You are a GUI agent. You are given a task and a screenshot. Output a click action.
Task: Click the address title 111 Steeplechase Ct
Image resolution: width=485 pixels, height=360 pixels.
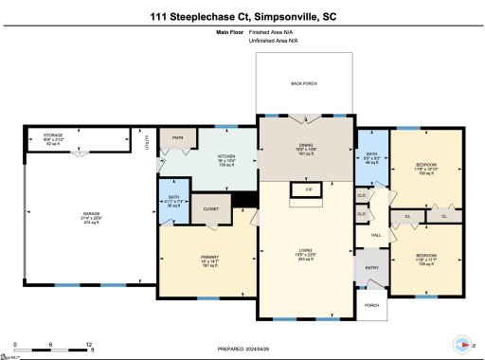(242, 16)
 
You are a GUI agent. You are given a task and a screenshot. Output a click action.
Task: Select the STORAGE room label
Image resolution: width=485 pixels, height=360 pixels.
(54, 136)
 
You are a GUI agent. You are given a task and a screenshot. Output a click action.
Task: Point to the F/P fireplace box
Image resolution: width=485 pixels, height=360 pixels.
(307, 190)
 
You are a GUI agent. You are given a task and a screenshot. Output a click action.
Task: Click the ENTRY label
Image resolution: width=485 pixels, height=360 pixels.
(371, 268)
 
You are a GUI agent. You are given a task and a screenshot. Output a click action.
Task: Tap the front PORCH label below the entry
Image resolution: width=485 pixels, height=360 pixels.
(371, 305)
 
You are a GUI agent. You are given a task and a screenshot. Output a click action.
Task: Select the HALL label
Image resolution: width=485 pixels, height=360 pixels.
(376, 235)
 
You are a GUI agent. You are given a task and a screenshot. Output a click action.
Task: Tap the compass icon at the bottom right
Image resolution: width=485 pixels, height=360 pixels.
(461, 345)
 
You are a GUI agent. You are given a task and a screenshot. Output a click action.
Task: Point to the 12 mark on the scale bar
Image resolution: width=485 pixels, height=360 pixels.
(89, 345)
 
